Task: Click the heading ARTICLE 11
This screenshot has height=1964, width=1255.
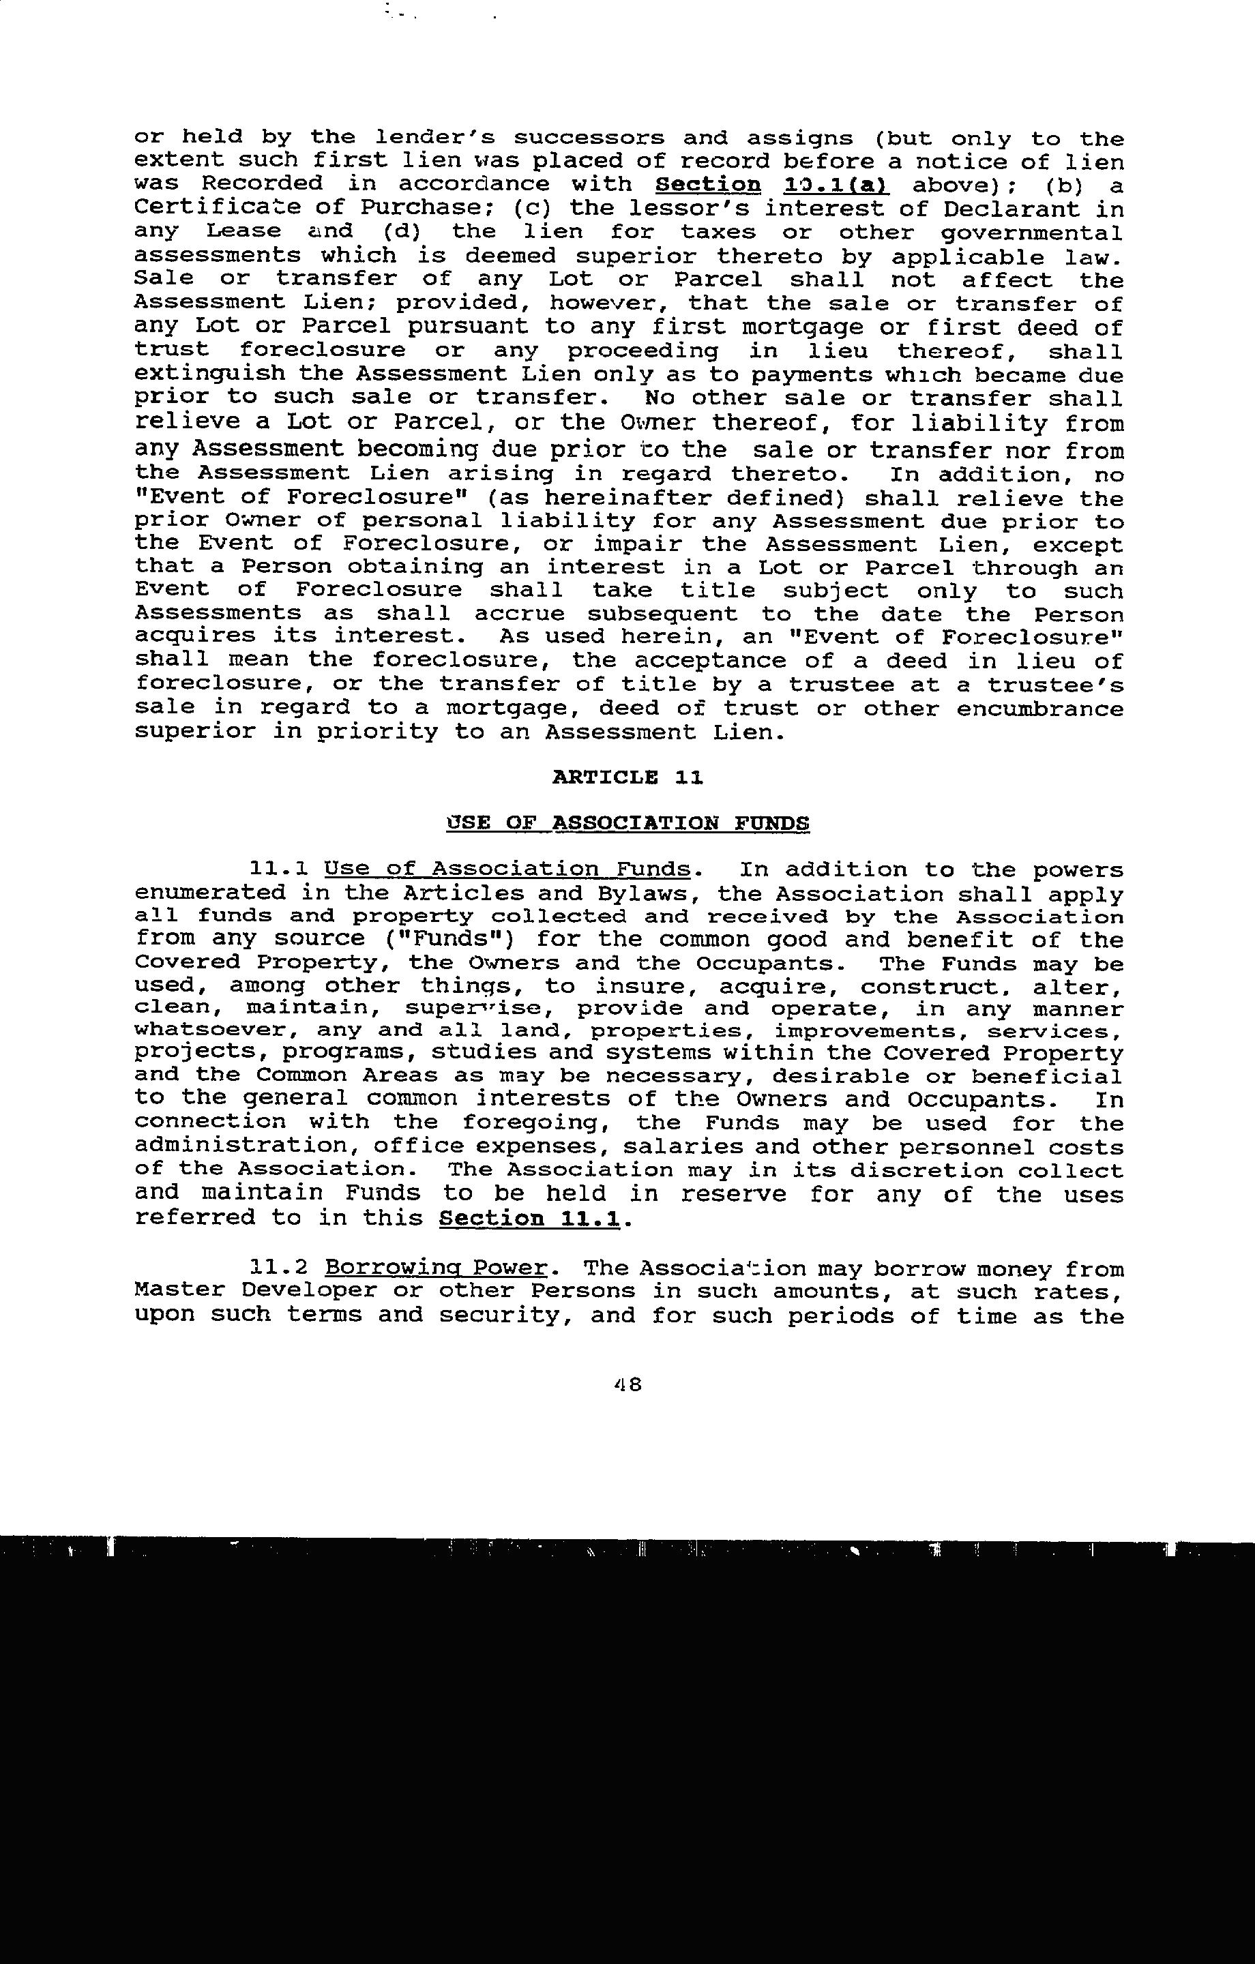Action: pos(627,777)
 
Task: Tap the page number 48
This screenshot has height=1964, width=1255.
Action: pos(628,1384)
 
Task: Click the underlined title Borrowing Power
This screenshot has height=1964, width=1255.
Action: pos(436,1268)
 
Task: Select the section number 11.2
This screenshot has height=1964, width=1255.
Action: pos(278,1268)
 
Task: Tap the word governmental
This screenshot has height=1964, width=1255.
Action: pos(1032,233)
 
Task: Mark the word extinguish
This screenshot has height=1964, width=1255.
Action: pos(209,374)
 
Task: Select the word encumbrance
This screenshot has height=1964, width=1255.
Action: pos(1040,708)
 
